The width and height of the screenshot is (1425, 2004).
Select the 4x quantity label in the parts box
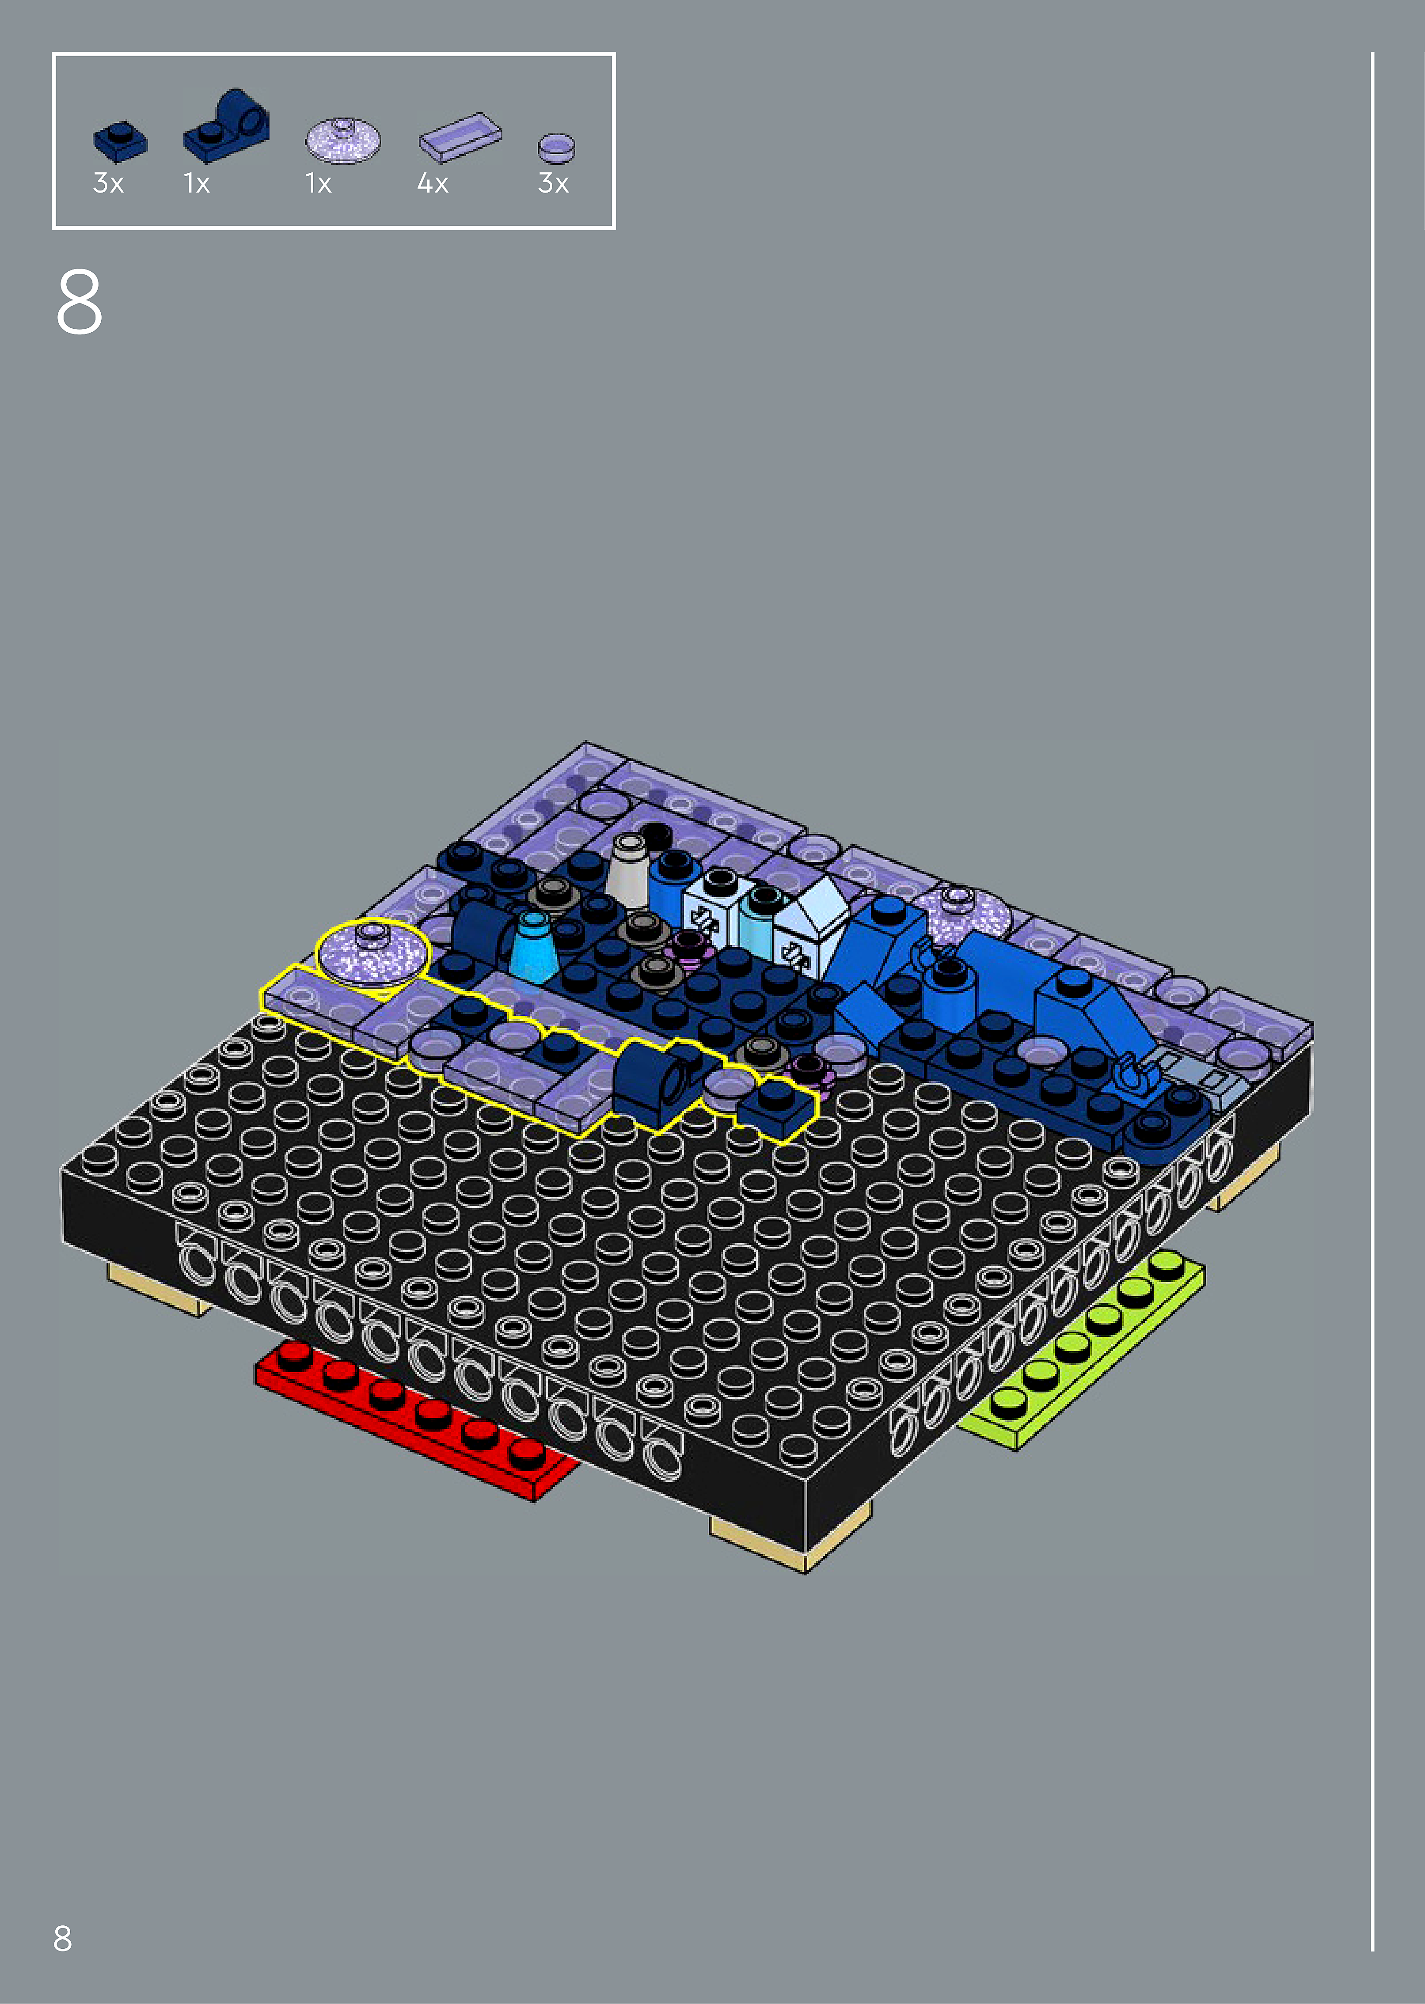(x=433, y=183)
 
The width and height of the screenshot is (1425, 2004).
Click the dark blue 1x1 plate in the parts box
(x=120, y=142)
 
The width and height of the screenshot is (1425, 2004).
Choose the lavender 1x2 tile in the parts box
(x=460, y=137)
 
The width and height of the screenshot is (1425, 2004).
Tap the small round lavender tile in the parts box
(x=556, y=148)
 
